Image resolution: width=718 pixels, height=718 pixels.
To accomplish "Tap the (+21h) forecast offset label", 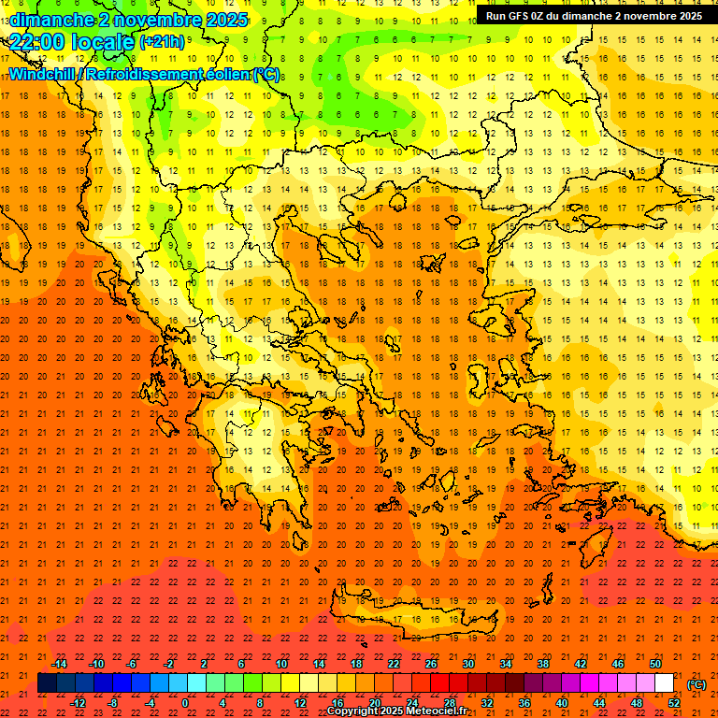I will click(x=162, y=42).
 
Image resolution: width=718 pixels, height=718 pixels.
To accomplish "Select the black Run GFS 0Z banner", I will click(x=594, y=16).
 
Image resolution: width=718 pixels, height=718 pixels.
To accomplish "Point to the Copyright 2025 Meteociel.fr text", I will click(x=397, y=711).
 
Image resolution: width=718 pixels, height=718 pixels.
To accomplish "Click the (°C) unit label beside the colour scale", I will click(x=696, y=684).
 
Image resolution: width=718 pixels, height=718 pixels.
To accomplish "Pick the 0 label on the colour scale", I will click(x=185, y=703).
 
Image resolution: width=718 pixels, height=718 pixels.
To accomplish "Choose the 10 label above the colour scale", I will click(x=280, y=664).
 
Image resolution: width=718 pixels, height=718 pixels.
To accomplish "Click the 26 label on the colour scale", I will click(x=431, y=664).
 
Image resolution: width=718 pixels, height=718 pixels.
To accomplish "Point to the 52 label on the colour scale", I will click(x=674, y=703).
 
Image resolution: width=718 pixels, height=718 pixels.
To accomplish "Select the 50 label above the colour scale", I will click(x=655, y=664).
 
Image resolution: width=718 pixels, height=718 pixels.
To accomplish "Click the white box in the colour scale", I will click(x=664, y=683).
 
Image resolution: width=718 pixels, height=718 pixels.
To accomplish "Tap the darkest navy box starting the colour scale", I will click(x=47, y=683).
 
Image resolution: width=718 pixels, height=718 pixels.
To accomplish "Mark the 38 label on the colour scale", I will click(x=543, y=664).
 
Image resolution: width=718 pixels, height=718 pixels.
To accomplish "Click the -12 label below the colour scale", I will click(x=79, y=703).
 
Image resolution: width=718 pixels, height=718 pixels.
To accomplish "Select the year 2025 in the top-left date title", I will click(x=223, y=20).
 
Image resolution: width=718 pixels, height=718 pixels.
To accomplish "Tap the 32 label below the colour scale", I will click(x=487, y=703).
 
